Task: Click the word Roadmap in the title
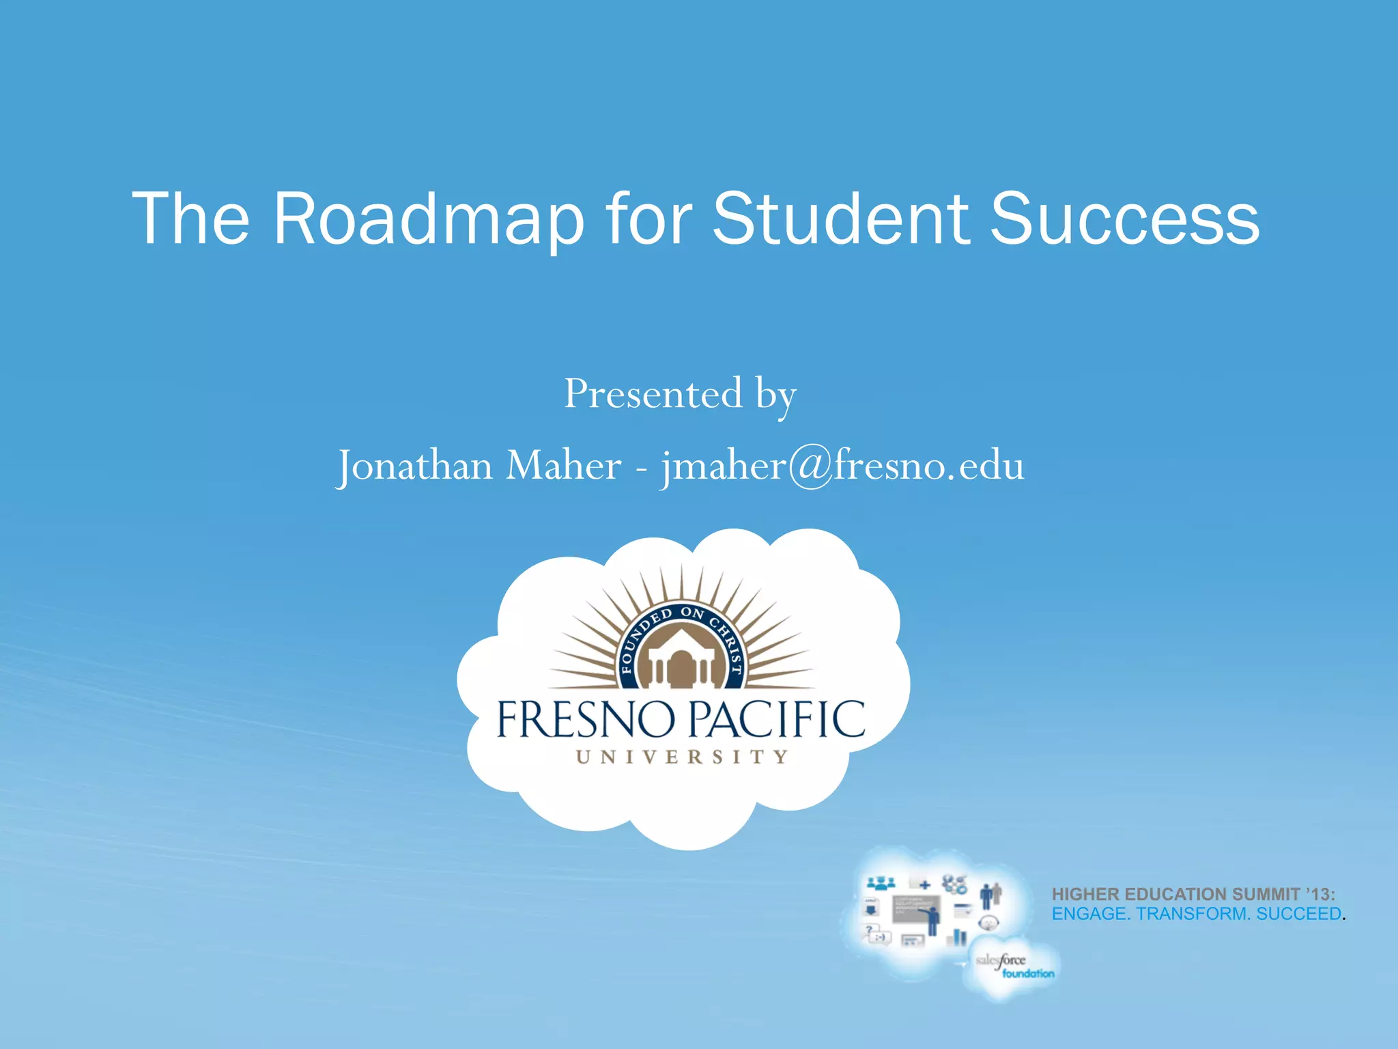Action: pos(429,219)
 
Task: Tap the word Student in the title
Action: pos(840,219)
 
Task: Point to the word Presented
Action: pos(653,394)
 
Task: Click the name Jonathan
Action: pos(415,466)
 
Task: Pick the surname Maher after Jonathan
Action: pos(563,466)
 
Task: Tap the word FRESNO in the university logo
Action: pos(585,720)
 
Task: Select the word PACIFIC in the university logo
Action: pos(775,720)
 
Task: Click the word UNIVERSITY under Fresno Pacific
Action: pos(682,757)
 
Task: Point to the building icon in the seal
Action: pos(681,659)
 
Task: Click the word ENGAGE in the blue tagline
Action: pos(1088,914)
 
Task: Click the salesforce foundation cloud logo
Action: pos(1013,966)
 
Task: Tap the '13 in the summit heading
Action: pos(1320,895)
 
